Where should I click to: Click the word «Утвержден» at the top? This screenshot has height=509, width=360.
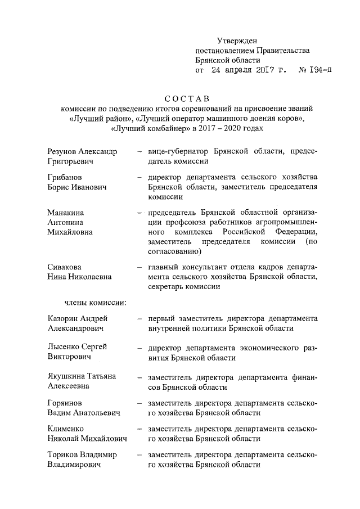[236, 40]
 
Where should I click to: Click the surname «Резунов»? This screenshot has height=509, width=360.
[62, 151]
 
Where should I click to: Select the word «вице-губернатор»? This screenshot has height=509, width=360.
[177, 151]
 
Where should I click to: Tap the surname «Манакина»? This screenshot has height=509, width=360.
[67, 213]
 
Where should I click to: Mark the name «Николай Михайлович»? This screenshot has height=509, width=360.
[87, 439]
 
